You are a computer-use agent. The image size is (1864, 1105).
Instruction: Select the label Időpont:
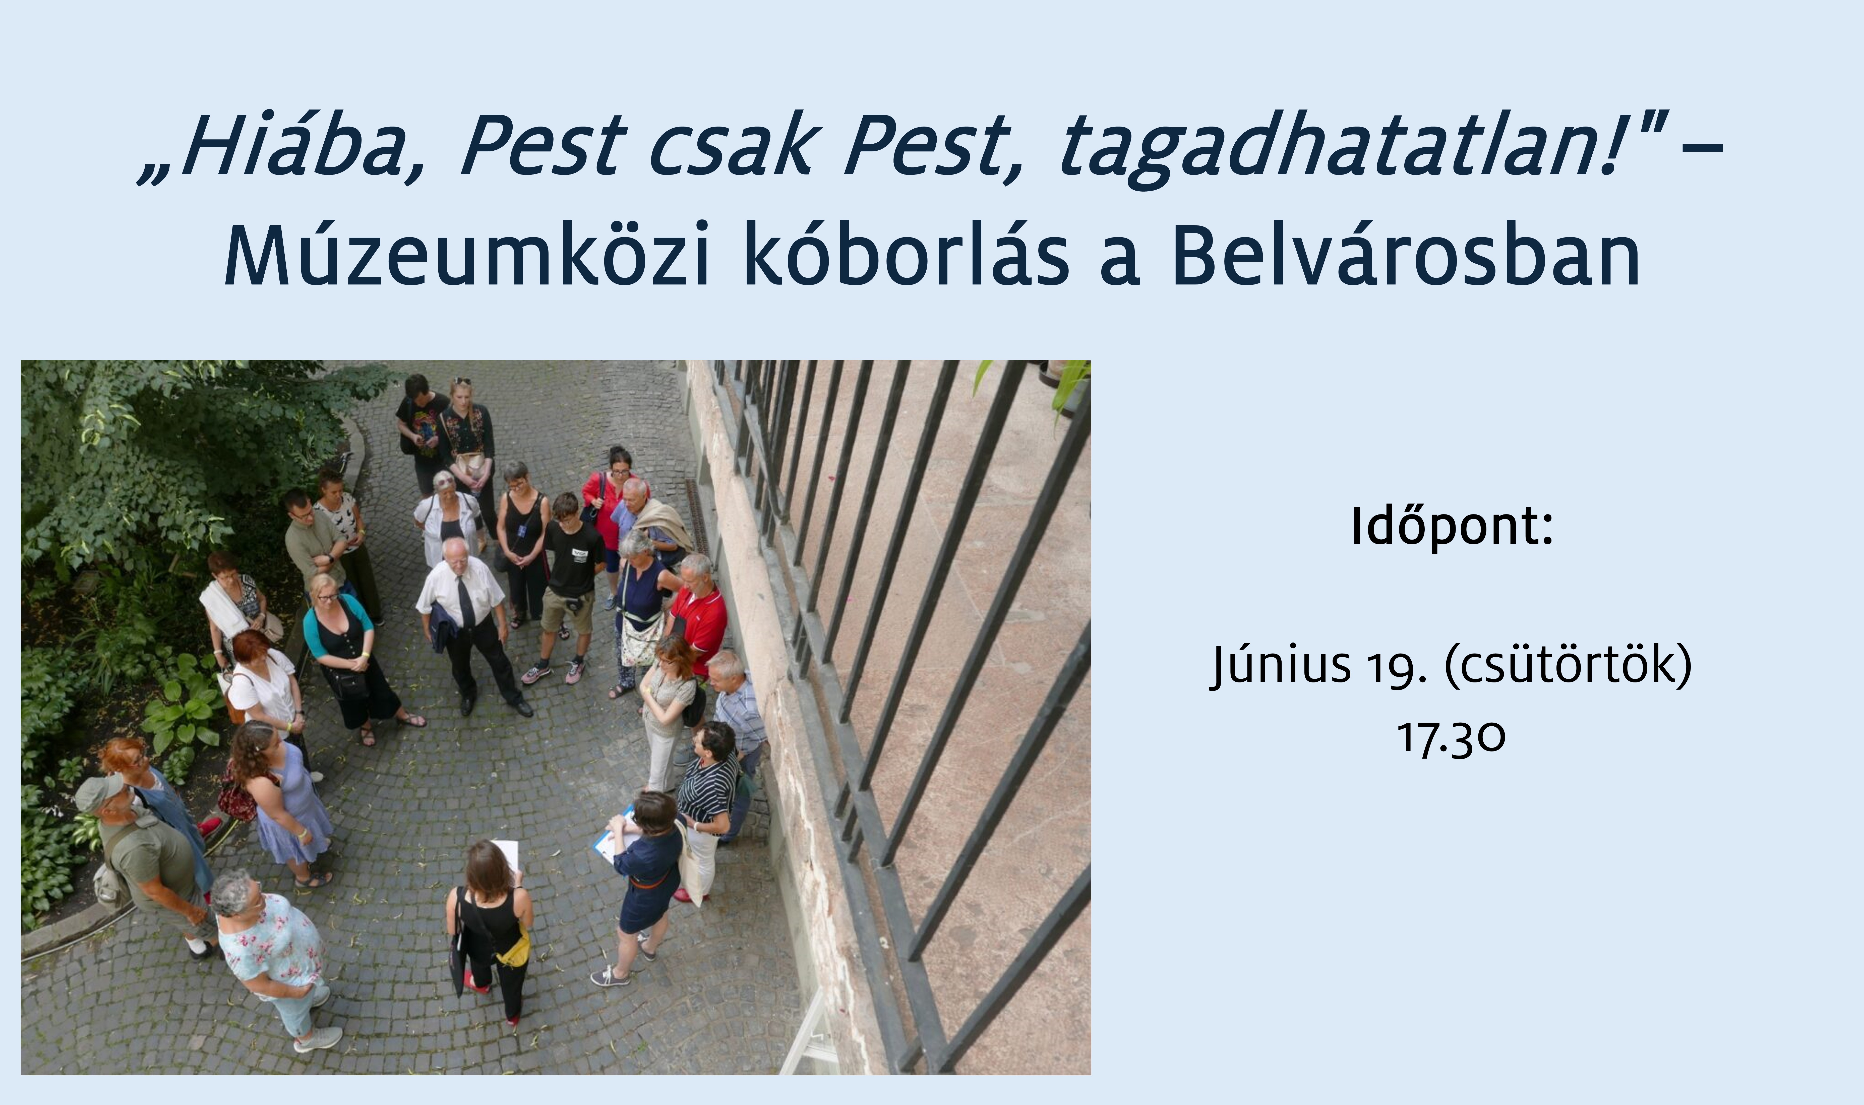[1452, 527]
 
